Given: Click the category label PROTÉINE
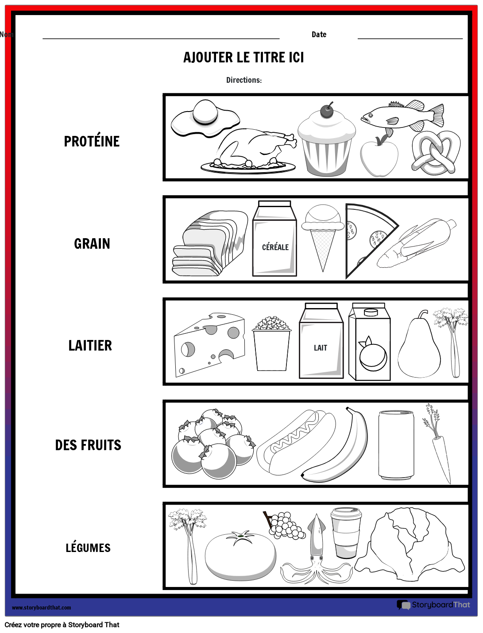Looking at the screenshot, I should point(92,141).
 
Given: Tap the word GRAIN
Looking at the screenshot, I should point(92,243).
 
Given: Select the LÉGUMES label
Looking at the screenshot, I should point(88,548).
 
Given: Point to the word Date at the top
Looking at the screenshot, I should point(319,35).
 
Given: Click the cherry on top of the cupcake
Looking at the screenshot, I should point(327,111).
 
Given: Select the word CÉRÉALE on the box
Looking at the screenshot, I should point(275,247).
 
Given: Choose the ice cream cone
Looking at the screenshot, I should point(323,235).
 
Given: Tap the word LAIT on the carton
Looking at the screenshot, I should point(321,348).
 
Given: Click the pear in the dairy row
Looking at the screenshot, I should point(419,350).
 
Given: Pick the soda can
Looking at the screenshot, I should point(396,445).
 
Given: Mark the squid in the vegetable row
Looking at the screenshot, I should point(316,553).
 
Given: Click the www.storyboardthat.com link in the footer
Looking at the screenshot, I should point(41,608).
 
